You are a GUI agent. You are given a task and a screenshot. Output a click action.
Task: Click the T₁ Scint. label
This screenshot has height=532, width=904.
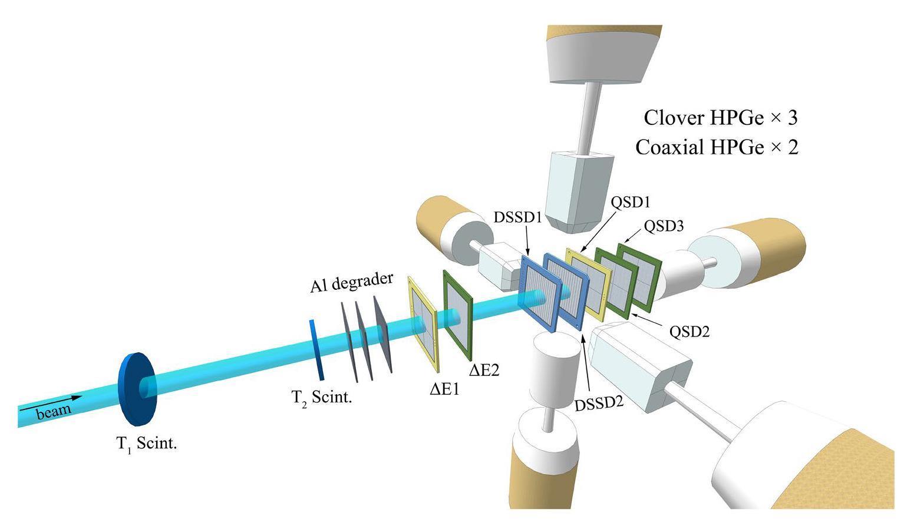click(146, 444)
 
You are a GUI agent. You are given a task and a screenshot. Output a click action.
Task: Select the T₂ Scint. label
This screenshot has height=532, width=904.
click(322, 397)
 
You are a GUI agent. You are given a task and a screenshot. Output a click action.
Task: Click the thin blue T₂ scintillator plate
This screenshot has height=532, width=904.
click(316, 350)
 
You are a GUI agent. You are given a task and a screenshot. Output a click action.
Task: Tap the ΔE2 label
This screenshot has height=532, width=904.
click(484, 370)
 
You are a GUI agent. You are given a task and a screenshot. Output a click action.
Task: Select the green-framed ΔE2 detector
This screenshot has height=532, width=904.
click(458, 316)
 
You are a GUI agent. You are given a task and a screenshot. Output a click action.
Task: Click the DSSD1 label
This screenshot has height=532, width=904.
click(517, 217)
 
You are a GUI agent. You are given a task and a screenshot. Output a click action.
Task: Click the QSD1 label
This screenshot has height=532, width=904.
click(630, 202)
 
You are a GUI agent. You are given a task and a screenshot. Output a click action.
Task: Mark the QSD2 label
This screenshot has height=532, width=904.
click(689, 331)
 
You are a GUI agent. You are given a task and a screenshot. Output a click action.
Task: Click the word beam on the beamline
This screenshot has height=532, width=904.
click(54, 411)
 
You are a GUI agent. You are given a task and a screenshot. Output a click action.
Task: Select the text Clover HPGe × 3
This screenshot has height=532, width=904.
click(720, 118)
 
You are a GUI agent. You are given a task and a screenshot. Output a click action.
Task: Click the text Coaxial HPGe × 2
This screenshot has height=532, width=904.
click(717, 147)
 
